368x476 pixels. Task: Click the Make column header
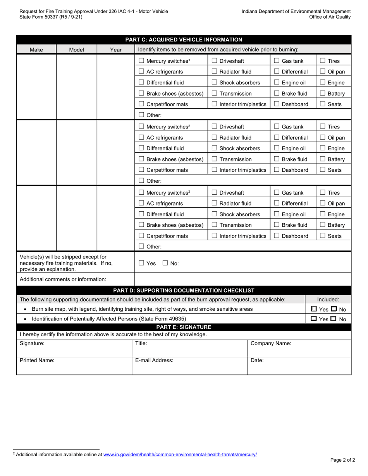coord(36,50)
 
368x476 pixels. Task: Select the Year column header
coord(115,50)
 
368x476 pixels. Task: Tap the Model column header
coord(76,50)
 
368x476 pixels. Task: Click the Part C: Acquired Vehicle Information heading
coord(184,39)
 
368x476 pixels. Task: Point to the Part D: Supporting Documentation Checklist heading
coord(184,290)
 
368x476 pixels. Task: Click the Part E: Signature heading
coord(184,327)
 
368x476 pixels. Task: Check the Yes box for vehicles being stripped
coord(141,263)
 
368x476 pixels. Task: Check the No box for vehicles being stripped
coord(165,263)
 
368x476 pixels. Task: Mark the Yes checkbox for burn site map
coord(314,309)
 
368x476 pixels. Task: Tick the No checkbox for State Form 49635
coord(334,319)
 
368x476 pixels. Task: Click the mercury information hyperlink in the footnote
coord(180,454)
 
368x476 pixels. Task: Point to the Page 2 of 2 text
coord(342,460)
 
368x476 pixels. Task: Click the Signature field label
coord(32,343)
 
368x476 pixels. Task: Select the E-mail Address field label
coord(154,360)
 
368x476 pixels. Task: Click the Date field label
coord(257,360)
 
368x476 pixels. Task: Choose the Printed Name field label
coord(37,360)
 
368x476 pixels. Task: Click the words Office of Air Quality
coord(330,17)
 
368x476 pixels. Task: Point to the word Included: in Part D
coord(328,300)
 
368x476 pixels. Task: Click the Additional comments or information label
coord(63,279)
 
